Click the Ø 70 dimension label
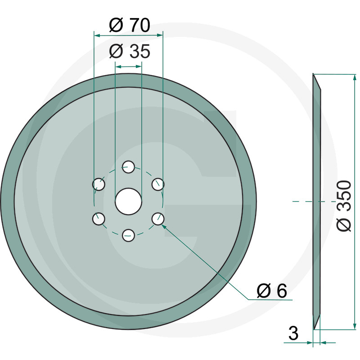pyautogui.click(x=129, y=25)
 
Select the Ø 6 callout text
pyautogui.click(x=271, y=291)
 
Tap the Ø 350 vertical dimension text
pyautogui.click(x=344, y=206)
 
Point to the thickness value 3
pyautogui.click(x=293, y=334)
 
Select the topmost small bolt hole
pyautogui.click(x=129, y=167)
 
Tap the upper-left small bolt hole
pyautogui.click(x=99, y=184)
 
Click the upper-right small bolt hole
pyautogui.click(x=158, y=184)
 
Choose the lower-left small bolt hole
pyautogui.click(x=99, y=219)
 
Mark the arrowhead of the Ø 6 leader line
pyautogui.click(x=163, y=223)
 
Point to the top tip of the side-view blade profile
pyautogui.click(x=314, y=75)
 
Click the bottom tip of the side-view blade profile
pyautogui.click(x=314, y=328)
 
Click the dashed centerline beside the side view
pyautogui.click(x=302, y=201)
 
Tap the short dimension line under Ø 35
pyautogui.click(x=129, y=66)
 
